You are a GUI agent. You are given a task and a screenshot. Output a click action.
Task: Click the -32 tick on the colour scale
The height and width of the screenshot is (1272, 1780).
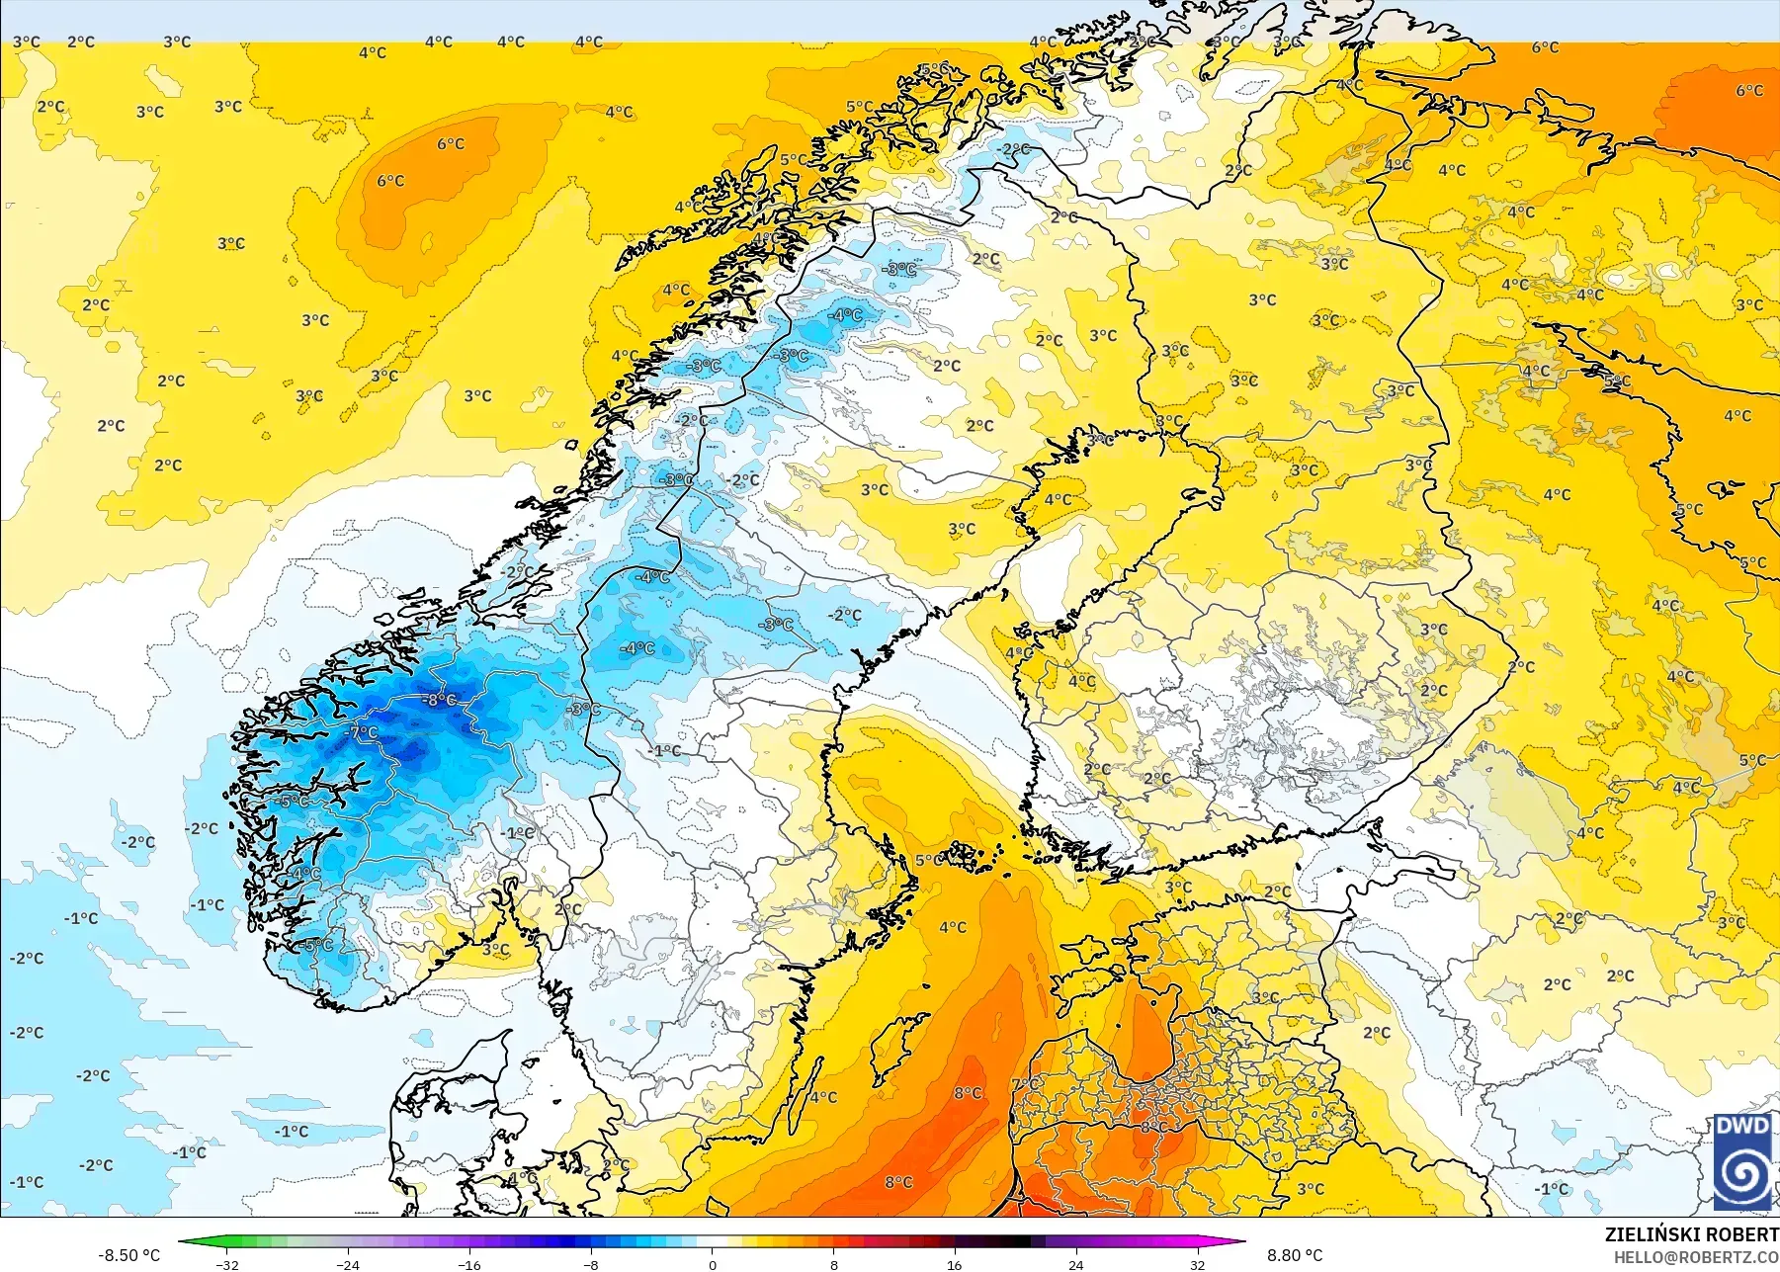pyautogui.click(x=227, y=1264)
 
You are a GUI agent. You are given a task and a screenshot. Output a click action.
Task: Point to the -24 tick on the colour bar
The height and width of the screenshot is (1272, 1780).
pyautogui.click(x=348, y=1264)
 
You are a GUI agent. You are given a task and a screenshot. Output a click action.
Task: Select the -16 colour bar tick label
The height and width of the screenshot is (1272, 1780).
pyautogui.click(x=469, y=1264)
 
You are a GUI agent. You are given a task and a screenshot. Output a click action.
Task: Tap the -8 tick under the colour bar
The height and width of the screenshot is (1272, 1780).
pyautogui.click(x=591, y=1264)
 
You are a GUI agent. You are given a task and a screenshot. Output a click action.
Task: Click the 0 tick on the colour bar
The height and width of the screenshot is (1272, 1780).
pyautogui.click(x=713, y=1264)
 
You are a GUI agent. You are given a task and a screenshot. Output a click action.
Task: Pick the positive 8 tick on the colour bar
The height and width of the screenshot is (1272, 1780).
pyautogui.click(x=834, y=1264)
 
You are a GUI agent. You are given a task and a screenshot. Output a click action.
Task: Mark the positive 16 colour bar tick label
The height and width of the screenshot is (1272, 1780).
pyautogui.click(x=955, y=1264)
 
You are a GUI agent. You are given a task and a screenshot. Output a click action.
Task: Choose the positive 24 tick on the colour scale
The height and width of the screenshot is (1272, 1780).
pyautogui.click(x=1076, y=1264)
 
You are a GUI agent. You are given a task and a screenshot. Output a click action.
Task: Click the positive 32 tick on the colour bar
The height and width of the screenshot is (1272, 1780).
pyautogui.click(x=1198, y=1264)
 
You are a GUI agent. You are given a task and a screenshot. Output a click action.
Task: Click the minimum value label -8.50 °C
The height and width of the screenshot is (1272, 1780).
pyautogui.click(x=128, y=1255)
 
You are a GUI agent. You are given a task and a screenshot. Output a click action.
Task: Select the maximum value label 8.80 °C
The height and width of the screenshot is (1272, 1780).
pyautogui.click(x=1295, y=1255)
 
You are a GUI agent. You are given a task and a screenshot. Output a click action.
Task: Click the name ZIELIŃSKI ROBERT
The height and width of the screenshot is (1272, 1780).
pyautogui.click(x=1691, y=1234)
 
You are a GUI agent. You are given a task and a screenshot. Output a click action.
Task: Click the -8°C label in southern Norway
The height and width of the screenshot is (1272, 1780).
pyautogui.click(x=440, y=700)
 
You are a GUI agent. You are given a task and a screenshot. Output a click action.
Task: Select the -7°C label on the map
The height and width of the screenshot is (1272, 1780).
pyautogui.click(x=364, y=732)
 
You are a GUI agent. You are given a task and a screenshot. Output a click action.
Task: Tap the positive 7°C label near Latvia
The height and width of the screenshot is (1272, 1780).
pyautogui.click(x=1025, y=1084)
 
